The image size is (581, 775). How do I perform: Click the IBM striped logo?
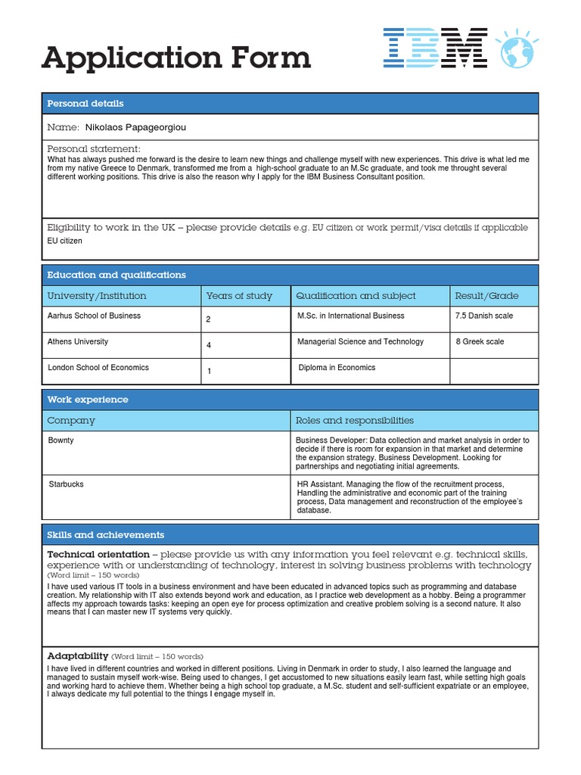[x=434, y=48]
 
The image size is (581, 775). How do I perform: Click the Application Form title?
[x=176, y=58]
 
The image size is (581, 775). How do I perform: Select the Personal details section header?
[x=85, y=104]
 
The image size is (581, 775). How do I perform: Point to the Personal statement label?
[x=94, y=148]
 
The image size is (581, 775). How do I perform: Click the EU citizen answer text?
[x=65, y=241]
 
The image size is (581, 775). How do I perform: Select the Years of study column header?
[x=239, y=296]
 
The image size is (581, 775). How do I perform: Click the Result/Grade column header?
[x=486, y=296]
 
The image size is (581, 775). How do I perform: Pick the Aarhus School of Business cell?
[x=94, y=316]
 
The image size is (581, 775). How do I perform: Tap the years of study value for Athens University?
[x=209, y=345]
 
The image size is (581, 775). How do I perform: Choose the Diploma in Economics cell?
[x=336, y=368]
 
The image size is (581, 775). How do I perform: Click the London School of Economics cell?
[x=98, y=368]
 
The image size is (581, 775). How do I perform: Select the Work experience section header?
[x=88, y=400]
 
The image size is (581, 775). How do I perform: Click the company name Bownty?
[x=61, y=440]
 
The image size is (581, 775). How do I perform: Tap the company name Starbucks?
[x=66, y=484]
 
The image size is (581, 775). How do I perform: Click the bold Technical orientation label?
[x=98, y=555]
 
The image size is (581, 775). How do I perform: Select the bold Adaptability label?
[x=78, y=655]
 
